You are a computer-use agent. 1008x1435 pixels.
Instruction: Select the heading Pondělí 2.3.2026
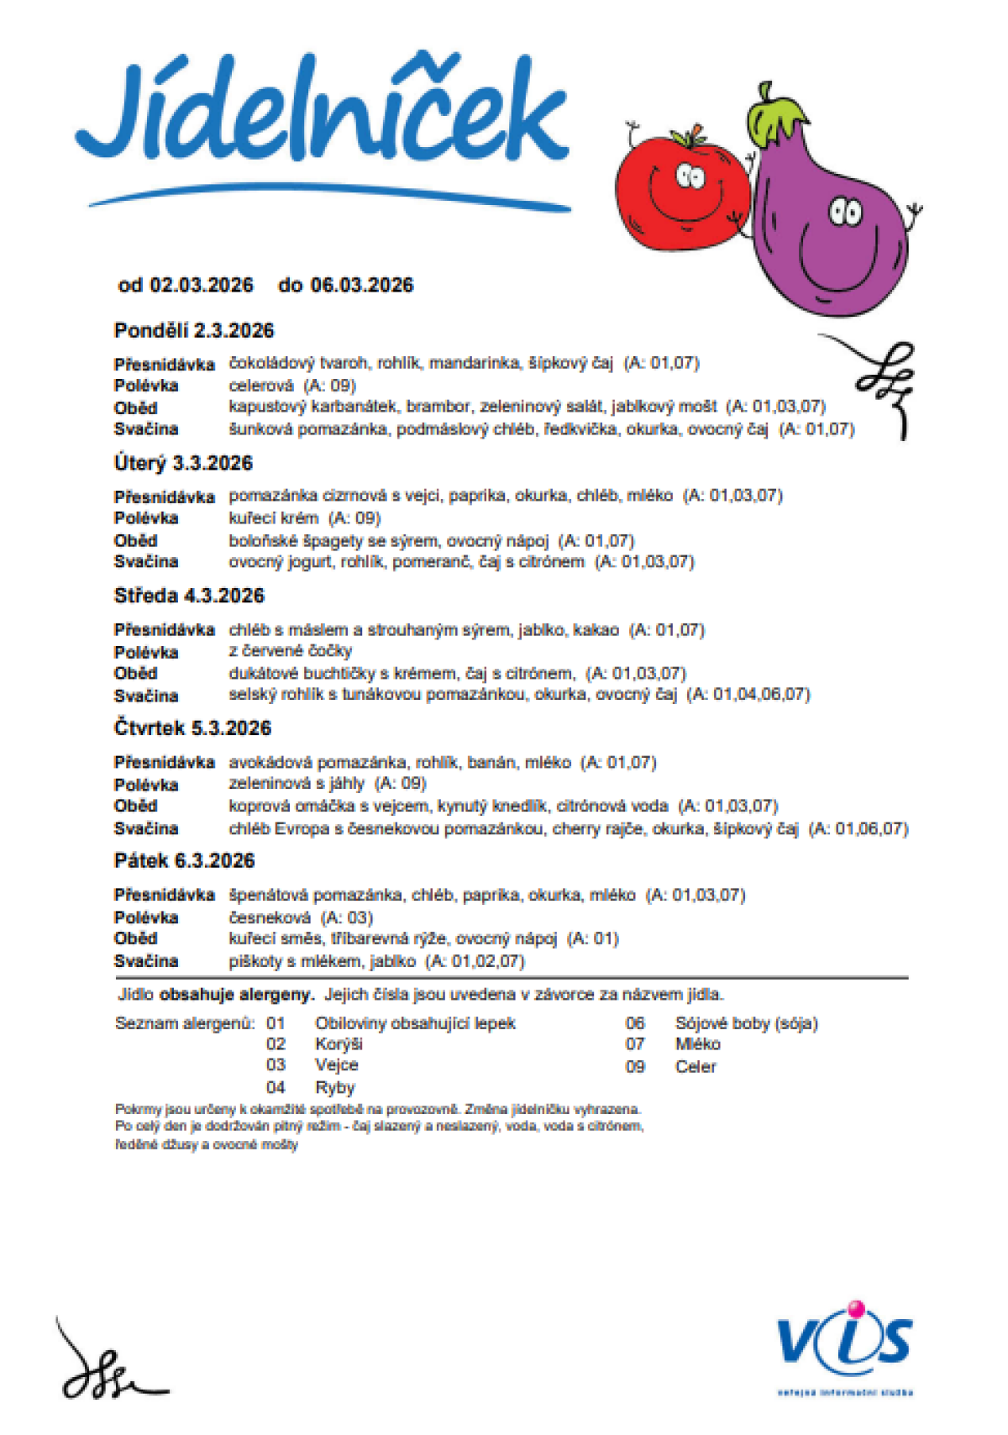(194, 331)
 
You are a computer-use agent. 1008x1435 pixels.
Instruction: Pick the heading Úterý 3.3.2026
(183, 464)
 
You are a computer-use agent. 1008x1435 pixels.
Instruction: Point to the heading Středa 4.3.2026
(189, 597)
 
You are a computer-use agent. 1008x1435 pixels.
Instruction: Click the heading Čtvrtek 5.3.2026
(192, 728)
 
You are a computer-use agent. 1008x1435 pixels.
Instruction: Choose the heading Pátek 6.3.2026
(184, 861)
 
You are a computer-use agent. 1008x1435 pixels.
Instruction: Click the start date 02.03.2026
(202, 286)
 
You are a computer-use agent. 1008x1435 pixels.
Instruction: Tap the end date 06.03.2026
(362, 286)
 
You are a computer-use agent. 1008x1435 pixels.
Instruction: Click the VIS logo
(844, 1340)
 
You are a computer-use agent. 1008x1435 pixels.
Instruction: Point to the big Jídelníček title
(323, 113)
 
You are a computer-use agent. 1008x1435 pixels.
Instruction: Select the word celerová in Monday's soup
(261, 386)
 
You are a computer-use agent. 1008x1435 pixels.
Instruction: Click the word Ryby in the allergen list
(335, 1087)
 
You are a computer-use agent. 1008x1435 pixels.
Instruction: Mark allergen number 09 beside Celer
(635, 1066)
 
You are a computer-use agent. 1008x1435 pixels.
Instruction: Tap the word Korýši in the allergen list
(339, 1044)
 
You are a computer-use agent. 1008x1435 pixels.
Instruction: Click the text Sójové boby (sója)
(746, 1023)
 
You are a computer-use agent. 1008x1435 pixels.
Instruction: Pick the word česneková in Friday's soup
(270, 917)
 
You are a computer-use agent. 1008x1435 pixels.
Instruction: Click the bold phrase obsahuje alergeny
(237, 995)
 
